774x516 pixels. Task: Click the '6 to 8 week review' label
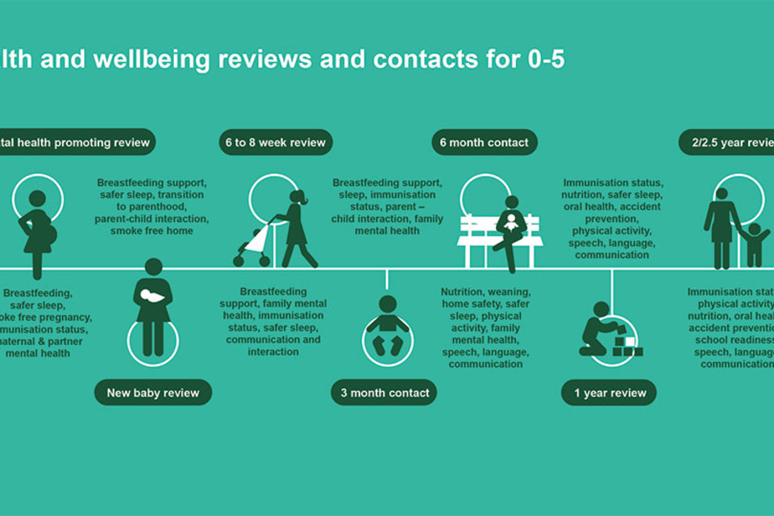point(275,143)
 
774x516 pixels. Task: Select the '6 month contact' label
point(484,143)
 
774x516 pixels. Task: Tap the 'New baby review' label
point(153,393)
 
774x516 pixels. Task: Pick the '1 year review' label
point(610,393)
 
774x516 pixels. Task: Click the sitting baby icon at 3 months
point(388,327)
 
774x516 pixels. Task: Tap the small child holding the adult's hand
point(755,243)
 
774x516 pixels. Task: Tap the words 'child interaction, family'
point(387,218)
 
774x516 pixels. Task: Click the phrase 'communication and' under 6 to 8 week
point(273,339)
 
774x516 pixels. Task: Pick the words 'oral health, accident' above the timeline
point(612,206)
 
